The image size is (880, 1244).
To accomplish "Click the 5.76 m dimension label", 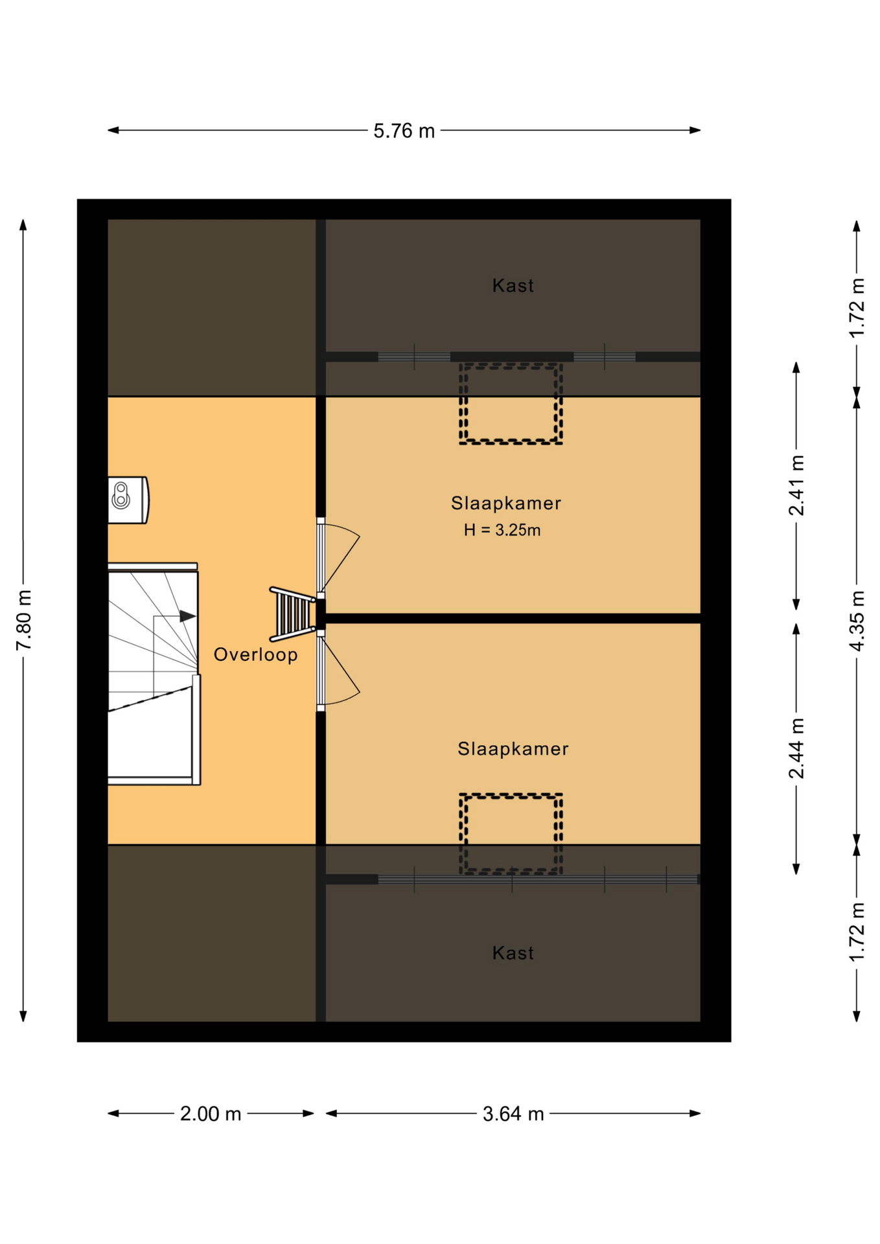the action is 404,131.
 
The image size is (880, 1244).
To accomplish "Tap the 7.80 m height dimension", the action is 24,620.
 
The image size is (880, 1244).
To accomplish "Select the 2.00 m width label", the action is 211,1114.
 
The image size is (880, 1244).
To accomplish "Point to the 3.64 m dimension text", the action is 513,1114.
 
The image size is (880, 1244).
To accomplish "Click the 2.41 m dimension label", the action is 796,485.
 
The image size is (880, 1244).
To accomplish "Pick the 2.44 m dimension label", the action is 796,748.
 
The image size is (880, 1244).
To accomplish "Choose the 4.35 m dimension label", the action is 857,621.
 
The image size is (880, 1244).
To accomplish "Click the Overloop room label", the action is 256,655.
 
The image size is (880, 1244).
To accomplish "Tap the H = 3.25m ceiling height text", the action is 502,530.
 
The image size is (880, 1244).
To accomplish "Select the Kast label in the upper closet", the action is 513,286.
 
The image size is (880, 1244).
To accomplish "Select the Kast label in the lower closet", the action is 513,953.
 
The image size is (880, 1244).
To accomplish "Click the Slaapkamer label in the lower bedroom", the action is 513,749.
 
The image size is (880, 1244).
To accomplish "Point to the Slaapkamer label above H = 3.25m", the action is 506,503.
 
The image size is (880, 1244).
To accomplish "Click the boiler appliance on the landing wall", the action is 128,500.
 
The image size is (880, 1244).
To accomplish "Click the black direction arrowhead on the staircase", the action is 187,616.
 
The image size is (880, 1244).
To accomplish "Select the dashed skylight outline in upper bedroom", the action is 511,364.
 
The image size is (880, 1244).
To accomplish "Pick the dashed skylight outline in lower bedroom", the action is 511,794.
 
